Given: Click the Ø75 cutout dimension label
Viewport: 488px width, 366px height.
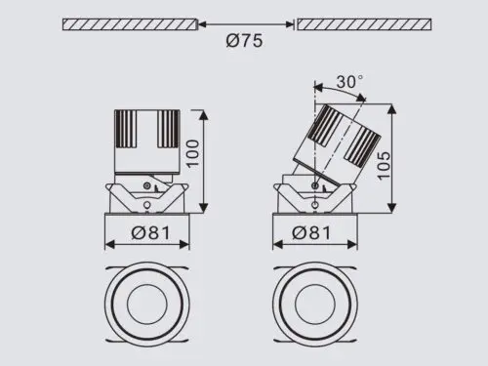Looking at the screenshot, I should [245, 42].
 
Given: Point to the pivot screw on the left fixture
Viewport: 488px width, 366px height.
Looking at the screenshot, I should [146, 184].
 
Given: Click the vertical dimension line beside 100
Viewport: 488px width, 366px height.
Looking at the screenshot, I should [204, 161].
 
